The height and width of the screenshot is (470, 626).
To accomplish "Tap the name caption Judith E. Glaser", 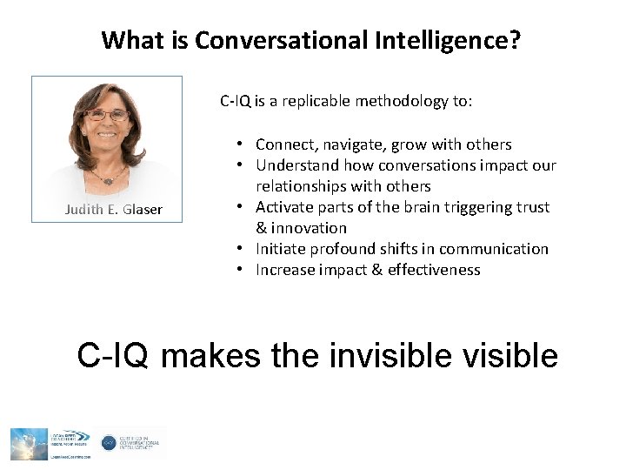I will point(113,210).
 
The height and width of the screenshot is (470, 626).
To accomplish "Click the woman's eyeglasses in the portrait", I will point(107,115).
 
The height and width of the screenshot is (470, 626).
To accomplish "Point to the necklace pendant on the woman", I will point(107,179).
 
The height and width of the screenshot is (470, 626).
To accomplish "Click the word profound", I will point(343,249).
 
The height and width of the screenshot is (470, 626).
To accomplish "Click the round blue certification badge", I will point(109,442).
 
